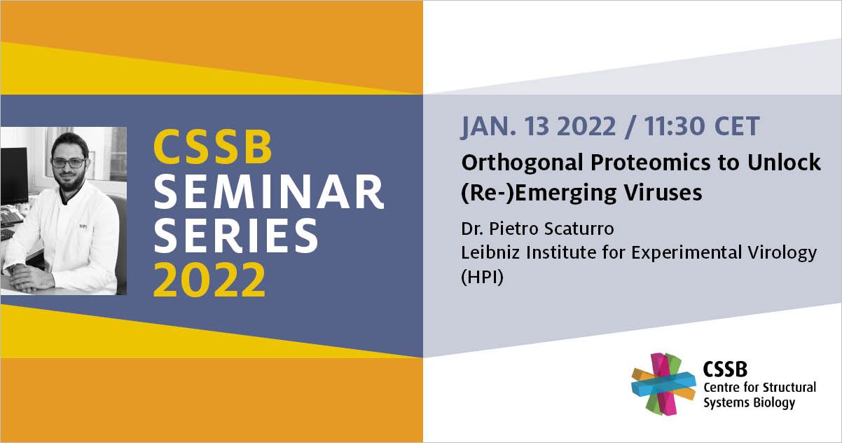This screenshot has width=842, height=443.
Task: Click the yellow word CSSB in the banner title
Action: (212, 146)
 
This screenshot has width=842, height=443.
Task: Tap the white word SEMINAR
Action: (269, 191)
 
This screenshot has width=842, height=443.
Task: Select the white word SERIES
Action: (236, 236)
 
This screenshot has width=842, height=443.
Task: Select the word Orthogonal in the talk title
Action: (521, 163)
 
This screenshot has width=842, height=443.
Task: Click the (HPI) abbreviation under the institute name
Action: (482, 278)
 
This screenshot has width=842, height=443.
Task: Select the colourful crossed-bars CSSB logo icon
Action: (663, 384)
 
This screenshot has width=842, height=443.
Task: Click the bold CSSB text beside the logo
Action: (725, 369)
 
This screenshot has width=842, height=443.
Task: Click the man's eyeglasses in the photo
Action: (69, 163)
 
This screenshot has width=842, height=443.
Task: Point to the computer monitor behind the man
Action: (14, 175)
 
